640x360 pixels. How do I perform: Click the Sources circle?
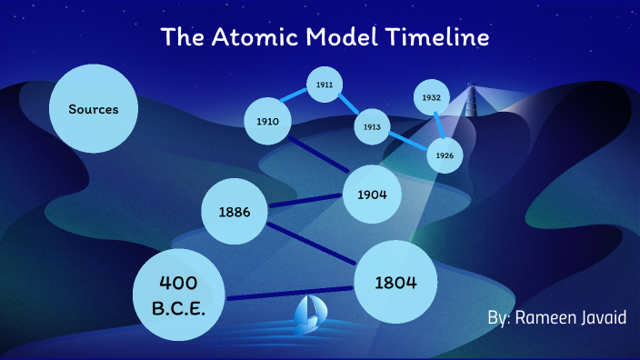pyautogui.click(x=94, y=109)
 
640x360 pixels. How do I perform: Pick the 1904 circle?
pyautogui.click(x=373, y=195)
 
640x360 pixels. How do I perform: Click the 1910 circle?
pyautogui.click(x=267, y=121)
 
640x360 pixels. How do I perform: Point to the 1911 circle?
pyautogui.click(x=324, y=85)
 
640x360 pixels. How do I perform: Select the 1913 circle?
pyautogui.click(x=371, y=127)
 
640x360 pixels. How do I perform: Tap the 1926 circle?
pyautogui.click(x=445, y=155)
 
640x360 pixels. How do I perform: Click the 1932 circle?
pyautogui.click(x=431, y=97)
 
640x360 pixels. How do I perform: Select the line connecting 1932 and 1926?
pyautogui.click(x=438, y=126)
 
